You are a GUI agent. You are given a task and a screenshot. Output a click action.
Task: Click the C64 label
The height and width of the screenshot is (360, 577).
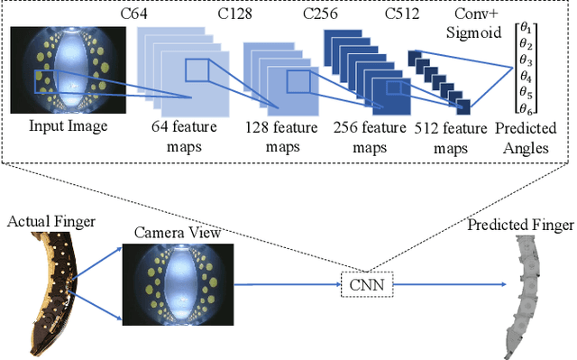click(134, 15)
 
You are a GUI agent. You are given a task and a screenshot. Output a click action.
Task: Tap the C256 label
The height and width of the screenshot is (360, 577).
click(321, 15)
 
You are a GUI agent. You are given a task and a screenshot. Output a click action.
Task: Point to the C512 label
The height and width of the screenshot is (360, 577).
click(404, 15)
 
